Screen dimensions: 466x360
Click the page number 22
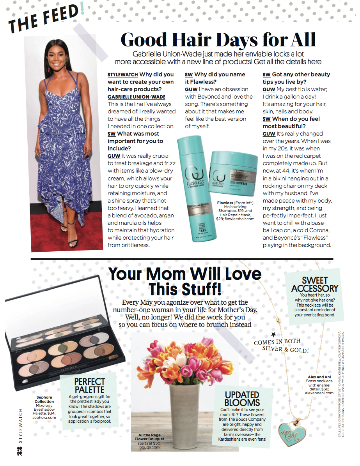tap(20, 450)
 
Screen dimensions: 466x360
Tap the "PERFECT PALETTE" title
tap(90, 386)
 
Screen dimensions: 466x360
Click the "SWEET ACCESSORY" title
tap(315, 284)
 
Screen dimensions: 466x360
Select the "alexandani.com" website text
tap(319, 393)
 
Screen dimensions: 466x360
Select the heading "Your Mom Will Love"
tap(185, 274)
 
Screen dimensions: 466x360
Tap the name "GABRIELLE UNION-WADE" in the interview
tap(137, 97)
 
